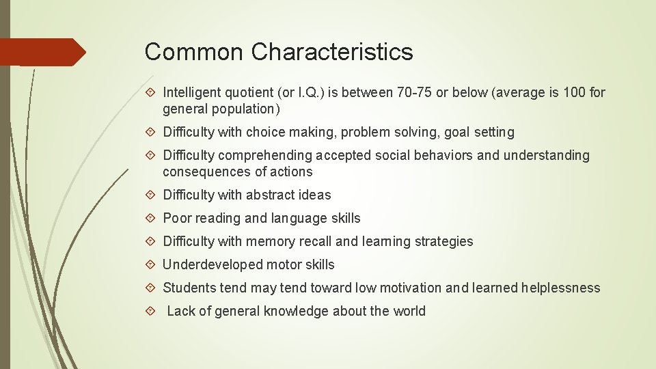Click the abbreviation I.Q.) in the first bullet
click(x=305, y=92)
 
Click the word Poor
click(x=177, y=218)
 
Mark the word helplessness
click(x=560, y=288)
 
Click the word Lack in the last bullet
click(x=181, y=311)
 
